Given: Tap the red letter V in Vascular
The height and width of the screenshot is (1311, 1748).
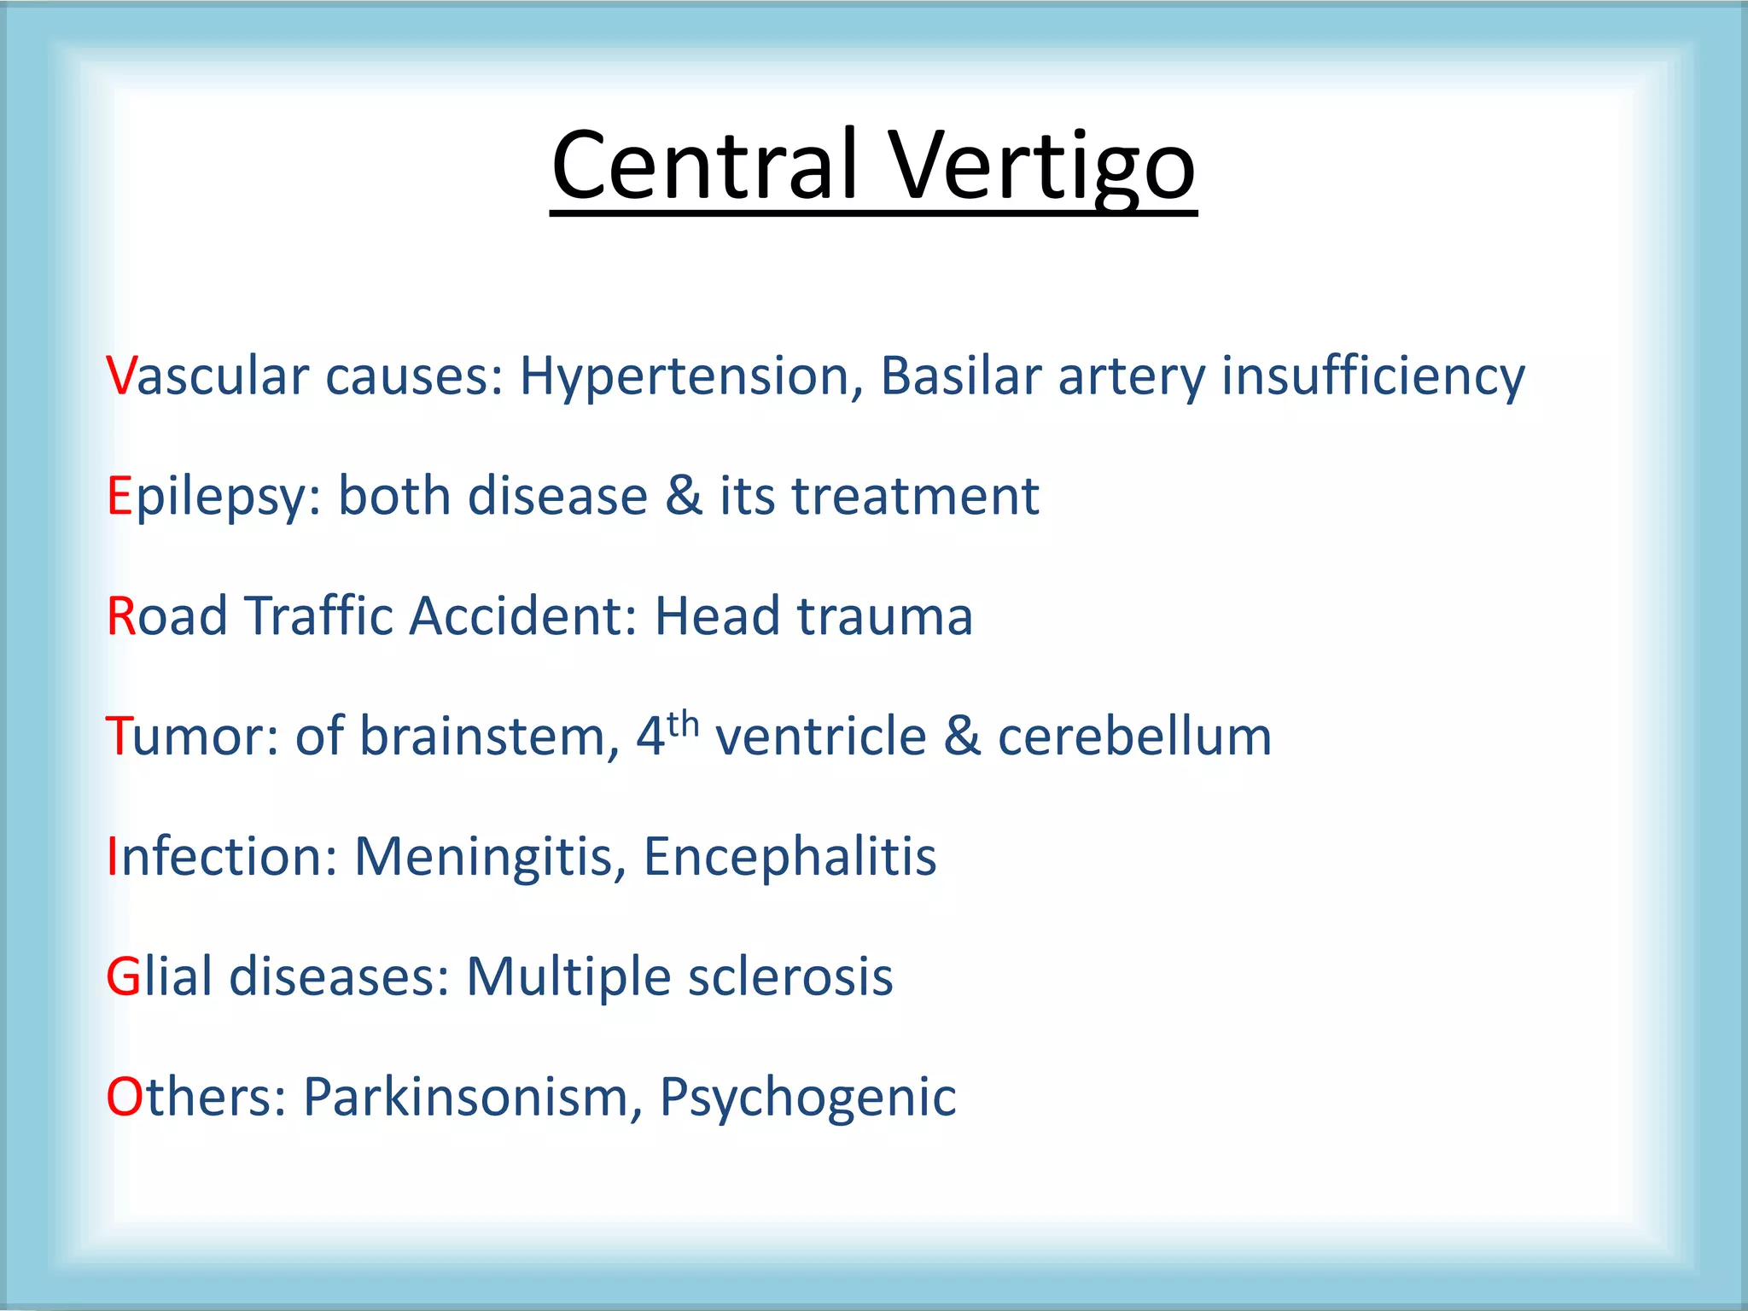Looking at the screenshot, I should click(x=120, y=376).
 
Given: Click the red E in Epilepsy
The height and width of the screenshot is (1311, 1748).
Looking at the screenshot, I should click(x=119, y=496).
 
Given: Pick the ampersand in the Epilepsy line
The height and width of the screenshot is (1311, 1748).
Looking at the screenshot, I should click(x=683, y=496).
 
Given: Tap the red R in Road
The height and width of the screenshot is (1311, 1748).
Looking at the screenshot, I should click(x=121, y=616).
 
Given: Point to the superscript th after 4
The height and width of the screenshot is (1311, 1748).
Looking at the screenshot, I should click(x=683, y=724).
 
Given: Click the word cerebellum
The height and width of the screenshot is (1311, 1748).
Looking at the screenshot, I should click(x=1134, y=736).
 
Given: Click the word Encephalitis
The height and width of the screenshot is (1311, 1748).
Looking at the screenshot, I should click(x=790, y=857).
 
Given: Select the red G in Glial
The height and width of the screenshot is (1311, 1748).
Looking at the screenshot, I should click(x=123, y=976).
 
